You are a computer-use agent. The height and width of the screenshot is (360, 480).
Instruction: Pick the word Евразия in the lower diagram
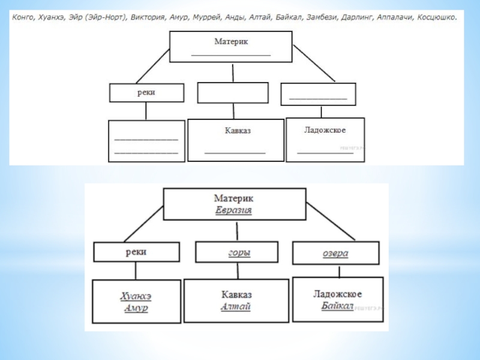[x=233, y=211]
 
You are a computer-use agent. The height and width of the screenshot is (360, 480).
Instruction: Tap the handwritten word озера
[x=335, y=253]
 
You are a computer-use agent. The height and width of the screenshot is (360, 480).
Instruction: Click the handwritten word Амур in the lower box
[x=136, y=308]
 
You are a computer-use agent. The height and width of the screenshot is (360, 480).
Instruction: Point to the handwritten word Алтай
[x=236, y=307]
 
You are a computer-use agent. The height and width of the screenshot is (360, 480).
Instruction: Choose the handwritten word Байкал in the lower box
[x=337, y=305]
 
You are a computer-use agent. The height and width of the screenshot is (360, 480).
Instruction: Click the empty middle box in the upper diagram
[x=233, y=93]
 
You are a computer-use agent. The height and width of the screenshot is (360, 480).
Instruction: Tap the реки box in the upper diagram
[x=146, y=92]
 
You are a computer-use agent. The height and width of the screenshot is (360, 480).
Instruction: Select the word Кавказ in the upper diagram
[x=235, y=130]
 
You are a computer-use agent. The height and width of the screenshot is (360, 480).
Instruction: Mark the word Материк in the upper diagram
[x=231, y=42]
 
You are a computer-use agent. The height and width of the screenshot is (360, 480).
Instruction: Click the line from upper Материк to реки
[x=153, y=65]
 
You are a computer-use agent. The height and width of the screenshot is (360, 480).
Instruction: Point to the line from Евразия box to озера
[x=326, y=223]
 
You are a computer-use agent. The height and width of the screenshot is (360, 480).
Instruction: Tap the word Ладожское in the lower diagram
[x=337, y=294]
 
